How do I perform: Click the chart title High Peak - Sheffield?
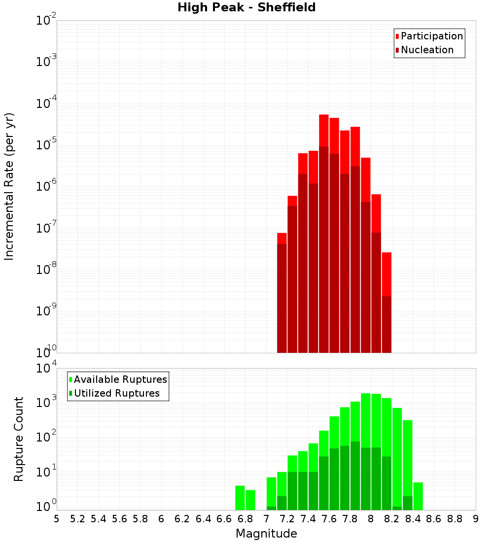(246, 7)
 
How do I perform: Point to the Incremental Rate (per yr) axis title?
(9, 186)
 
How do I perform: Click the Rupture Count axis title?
(19, 439)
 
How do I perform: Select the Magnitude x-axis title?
(266, 534)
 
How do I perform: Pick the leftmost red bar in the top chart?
(282, 238)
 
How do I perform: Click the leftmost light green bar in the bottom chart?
(240, 498)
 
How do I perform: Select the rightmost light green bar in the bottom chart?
(418, 496)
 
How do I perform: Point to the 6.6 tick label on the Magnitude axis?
(224, 519)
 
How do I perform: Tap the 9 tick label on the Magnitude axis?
(476, 519)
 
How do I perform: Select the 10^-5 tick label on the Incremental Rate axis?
(46, 145)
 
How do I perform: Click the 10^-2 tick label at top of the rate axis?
(46, 20)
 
